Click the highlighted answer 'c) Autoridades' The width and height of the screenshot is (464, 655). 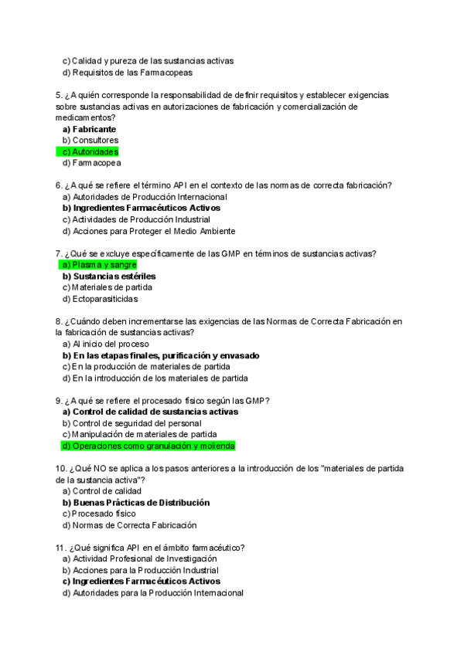(90, 152)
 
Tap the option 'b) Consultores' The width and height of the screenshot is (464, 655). (90, 141)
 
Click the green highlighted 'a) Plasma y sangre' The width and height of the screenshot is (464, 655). (99, 265)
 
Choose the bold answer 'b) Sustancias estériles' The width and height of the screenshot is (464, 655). (108, 276)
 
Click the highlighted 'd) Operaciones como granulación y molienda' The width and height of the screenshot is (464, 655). (148, 446)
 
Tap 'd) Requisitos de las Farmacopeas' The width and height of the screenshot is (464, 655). (127, 73)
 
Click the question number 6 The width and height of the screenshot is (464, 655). (59, 185)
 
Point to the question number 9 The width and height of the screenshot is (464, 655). (59, 400)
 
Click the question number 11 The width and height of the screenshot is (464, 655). (61, 547)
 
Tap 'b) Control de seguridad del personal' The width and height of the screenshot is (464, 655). (131, 423)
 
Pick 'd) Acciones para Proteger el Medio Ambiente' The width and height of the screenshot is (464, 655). (148, 231)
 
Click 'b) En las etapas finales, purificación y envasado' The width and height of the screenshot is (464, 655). (160, 355)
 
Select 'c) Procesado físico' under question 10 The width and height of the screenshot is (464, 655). (98, 514)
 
